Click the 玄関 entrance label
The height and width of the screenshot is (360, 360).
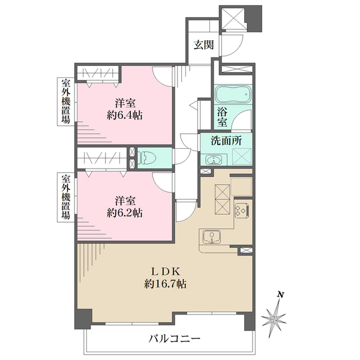(203, 45)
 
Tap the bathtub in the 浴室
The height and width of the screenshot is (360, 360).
(233, 94)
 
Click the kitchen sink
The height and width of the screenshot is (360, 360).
(212, 236)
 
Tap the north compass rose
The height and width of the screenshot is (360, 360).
(274, 319)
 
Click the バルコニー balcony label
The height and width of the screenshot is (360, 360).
(174, 338)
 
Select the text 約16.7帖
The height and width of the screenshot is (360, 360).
(165, 284)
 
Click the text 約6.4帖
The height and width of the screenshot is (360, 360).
(125, 115)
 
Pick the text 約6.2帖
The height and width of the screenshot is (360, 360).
(125, 213)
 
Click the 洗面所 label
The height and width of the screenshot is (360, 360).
(226, 141)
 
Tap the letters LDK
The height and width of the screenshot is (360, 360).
(165, 272)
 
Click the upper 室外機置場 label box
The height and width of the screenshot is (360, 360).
(66, 101)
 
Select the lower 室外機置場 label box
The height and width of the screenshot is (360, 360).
(66, 197)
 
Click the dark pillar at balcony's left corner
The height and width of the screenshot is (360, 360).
(83, 319)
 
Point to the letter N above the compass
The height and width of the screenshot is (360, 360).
(280, 295)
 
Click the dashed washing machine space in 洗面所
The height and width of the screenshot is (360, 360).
(242, 157)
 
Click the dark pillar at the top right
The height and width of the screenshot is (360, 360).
(254, 19)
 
